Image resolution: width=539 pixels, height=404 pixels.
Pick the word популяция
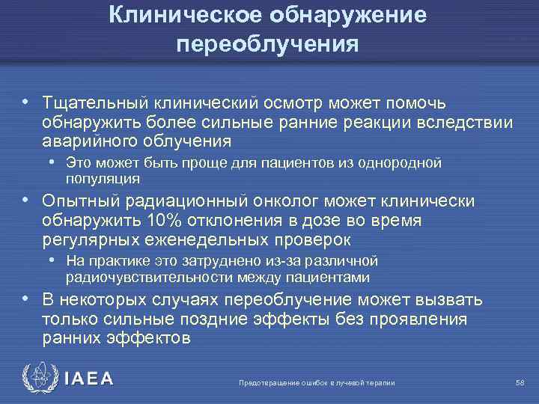[x=103, y=178]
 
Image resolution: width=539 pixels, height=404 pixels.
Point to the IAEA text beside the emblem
[x=89, y=379]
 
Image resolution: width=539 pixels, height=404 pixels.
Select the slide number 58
[x=520, y=382]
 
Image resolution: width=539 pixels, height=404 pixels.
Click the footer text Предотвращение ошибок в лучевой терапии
[x=316, y=383]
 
